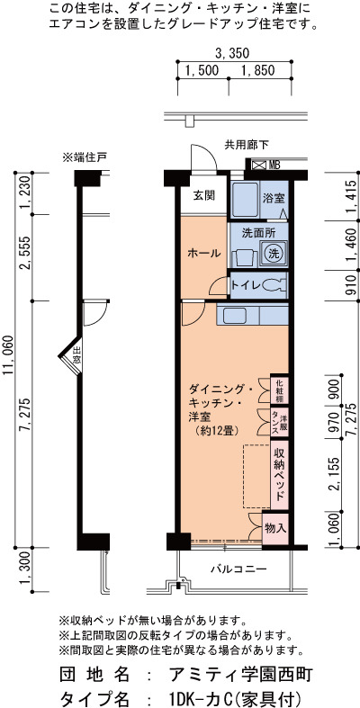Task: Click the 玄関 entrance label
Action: [203, 195]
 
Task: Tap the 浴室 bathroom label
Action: [274, 198]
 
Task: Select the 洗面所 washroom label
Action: [258, 233]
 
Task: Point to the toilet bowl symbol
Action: [274, 285]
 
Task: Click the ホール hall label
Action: [203, 254]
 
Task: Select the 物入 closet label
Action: [275, 527]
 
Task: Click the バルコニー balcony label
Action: [238, 569]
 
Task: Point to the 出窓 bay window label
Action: [77, 355]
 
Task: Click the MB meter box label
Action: [274, 166]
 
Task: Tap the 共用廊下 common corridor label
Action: [247, 145]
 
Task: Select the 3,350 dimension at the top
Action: [232, 53]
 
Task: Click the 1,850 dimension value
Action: [258, 70]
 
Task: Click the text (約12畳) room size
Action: [214, 430]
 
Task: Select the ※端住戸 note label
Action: [85, 157]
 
